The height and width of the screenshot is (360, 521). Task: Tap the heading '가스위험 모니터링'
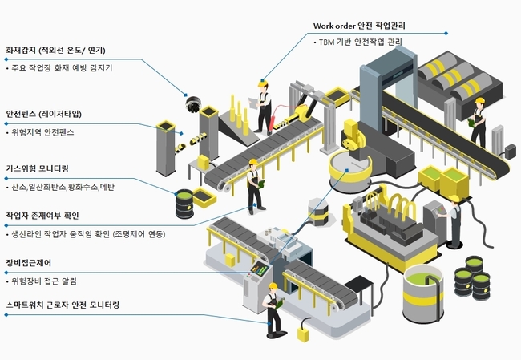[x=38, y=168]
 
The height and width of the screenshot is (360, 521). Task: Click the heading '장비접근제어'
[x=30, y=263]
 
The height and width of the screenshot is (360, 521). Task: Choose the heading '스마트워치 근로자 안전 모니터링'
[x=63, y=306]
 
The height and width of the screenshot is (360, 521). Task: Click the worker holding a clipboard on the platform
[x=262, y=105]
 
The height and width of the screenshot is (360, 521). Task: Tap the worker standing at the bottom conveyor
[x=273, y=309]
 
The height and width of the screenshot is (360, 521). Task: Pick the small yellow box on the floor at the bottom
[x=303, y=334]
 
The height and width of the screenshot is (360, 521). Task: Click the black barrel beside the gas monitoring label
[x=185, y=204]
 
